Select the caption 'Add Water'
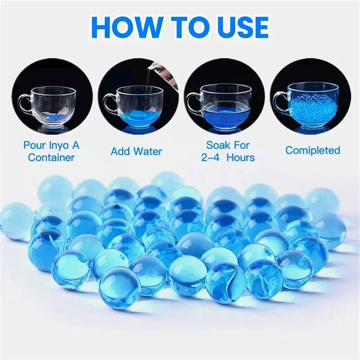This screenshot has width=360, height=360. click(x=136, y=152)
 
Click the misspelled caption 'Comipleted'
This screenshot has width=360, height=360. click(x=312, y=150)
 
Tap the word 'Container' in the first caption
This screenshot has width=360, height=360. click(x=51, y=157)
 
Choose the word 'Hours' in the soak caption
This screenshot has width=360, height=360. click(x=241, y=157)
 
